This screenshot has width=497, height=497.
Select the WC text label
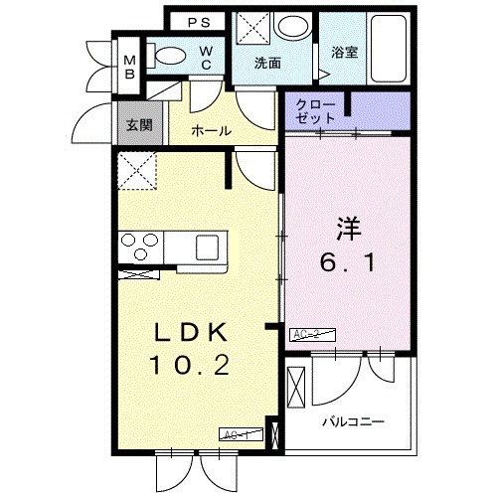tap(205, 59)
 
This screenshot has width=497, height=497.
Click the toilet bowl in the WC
tap(170, 58)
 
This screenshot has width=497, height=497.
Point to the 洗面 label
tap(266, 64)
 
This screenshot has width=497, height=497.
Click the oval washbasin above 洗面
tap(292, 27)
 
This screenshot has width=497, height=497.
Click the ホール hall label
tap(212, 131)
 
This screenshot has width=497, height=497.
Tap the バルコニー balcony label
tap(353, 421)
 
